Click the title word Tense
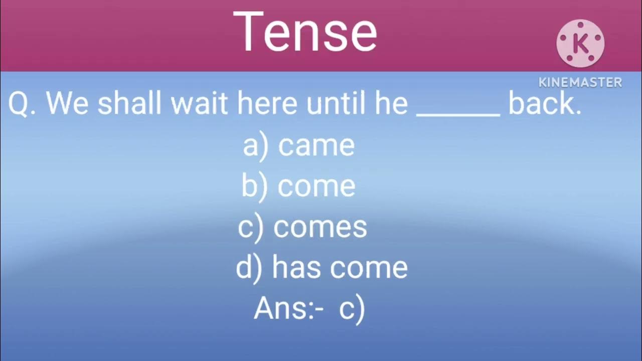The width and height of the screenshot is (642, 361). (x=304, y=32)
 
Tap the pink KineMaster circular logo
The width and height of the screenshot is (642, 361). (x=580, y=44)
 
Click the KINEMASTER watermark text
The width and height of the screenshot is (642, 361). (x=580, y=82)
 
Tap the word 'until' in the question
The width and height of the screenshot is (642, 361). (x=331, y=104)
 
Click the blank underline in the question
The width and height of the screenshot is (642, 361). (x=458, y=114)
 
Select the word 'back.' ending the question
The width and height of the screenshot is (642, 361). (x=545, y=104)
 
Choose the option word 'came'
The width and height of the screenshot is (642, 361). (x=316, y=146)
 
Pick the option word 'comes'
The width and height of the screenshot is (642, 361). (x=320, y=227)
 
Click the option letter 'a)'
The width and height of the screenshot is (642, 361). (x=256, y=146)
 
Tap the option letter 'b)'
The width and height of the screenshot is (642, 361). (x=255, y=186)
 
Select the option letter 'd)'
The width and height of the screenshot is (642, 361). (x=249, y=268)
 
